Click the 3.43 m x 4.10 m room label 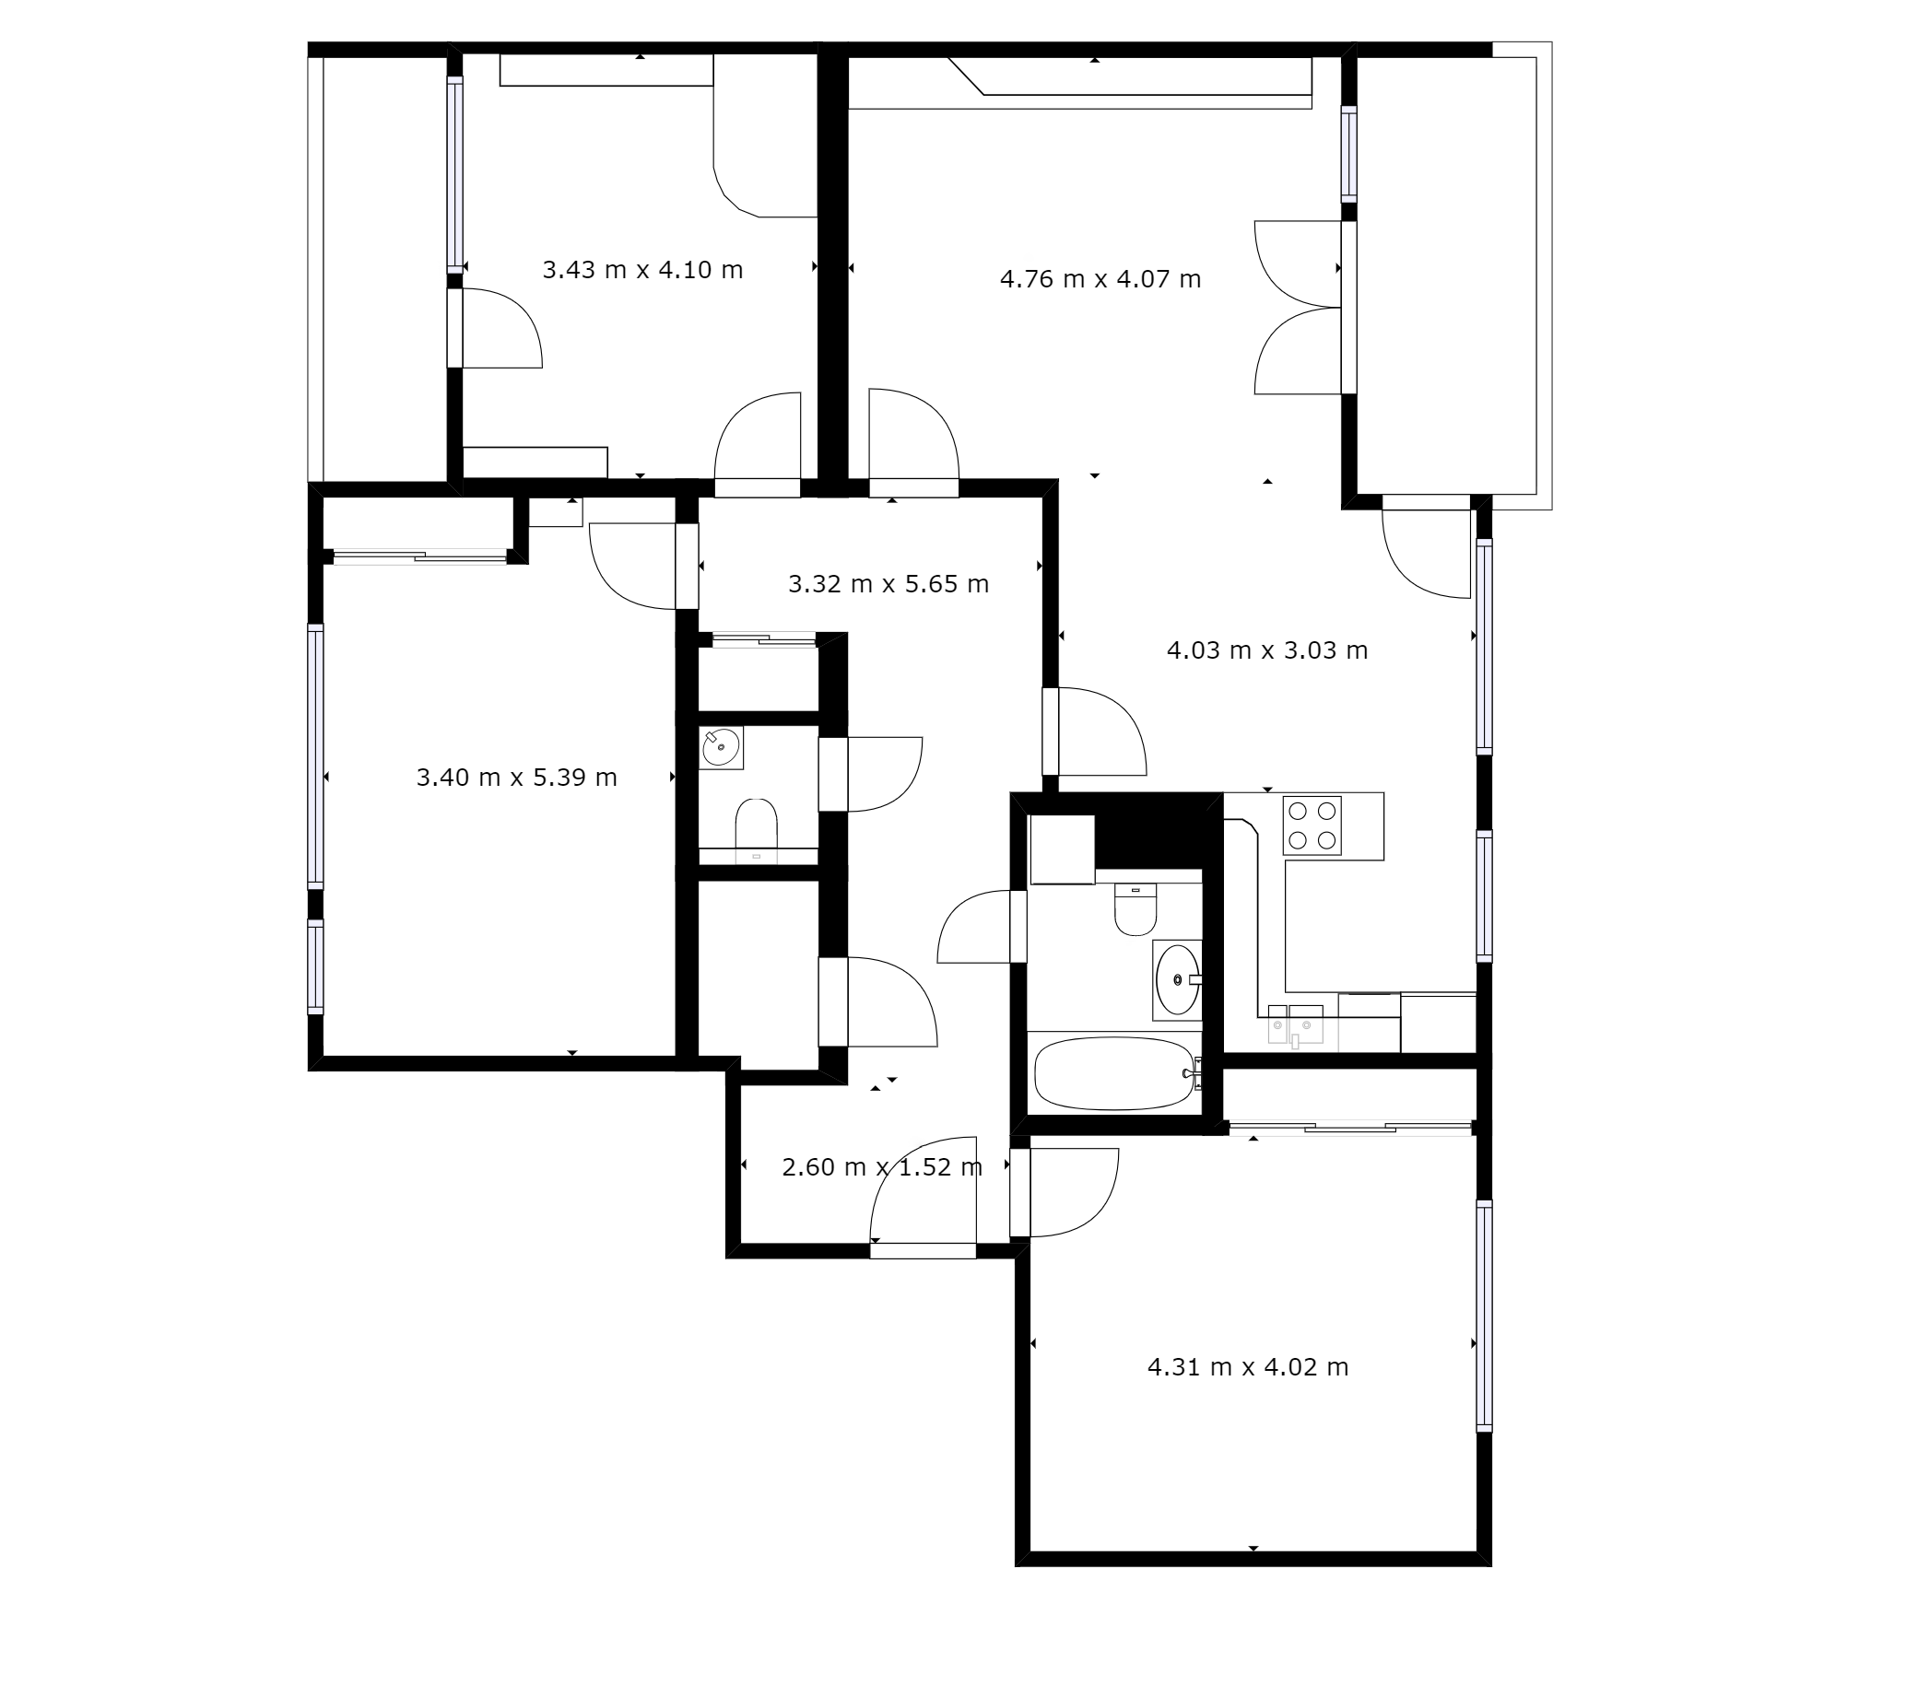tap(642, 270)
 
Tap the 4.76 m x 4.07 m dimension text tap(1100, 279)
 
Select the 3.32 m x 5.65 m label tap(888, 584)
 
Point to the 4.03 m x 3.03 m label tap(1267, 650)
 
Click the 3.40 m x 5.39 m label tap(517, 778)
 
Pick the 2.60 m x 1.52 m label tap(882, 1167)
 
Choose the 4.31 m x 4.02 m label tap(1248, 1367)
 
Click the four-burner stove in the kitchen tap(1312, 825)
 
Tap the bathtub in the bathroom tap(1115, 1073)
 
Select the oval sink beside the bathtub tap(1178, 980)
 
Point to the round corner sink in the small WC tap(722, 748)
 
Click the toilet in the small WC tap(757, 825)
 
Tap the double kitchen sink tap(1296, 1025)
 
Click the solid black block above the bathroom tap(1148, 831)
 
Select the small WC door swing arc tap(885, 774)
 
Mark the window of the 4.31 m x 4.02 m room tap(1484, 1316)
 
